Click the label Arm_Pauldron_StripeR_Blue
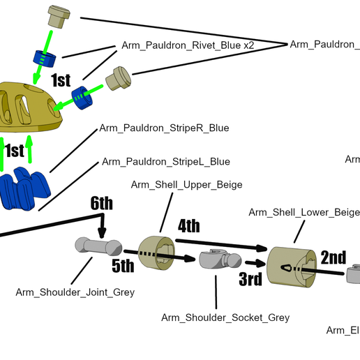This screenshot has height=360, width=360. click(164, 128)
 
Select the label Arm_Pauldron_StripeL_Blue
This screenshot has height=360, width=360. click(165, 161)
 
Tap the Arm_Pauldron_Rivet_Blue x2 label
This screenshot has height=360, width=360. click(188, 44)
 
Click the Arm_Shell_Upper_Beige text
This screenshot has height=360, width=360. click(186, 184)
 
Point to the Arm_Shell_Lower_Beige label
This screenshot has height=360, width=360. click(303, 212)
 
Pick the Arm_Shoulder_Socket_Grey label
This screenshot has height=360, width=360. click(225, 317)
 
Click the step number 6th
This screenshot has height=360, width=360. click(101, 204)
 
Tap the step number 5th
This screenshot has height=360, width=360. click(122, 266)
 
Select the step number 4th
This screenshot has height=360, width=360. click(188, 226)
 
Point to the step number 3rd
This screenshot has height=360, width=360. click(250, 280)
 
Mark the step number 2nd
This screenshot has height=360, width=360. click(333, 257)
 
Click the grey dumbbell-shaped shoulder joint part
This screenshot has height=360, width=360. click(98, 246)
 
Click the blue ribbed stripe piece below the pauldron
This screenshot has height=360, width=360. click(28, 188)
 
